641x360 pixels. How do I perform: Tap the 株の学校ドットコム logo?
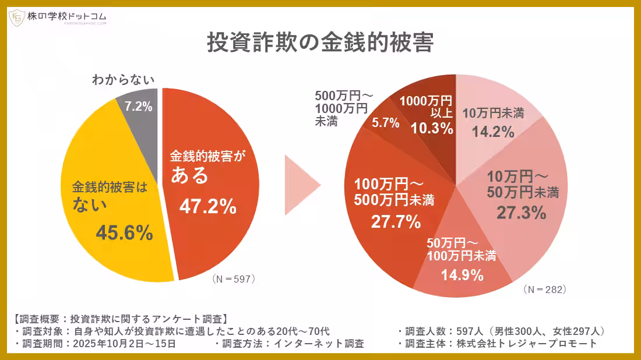coord(58,18)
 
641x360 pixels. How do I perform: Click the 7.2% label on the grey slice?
coord(138,107)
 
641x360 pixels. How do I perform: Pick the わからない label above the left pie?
coord(123,80)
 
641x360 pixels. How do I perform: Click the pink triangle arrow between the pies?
coord(302,186)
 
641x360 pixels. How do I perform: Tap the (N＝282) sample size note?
coord(545,289)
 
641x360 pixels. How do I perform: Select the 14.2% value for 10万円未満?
coord(492,131)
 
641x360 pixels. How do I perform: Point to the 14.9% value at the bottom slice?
coord(463,274)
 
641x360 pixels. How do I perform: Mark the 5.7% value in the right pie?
coord(386,122)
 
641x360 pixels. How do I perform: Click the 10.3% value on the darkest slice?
coord(432,129)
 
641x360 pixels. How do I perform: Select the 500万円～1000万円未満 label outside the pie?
coord(341,108)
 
